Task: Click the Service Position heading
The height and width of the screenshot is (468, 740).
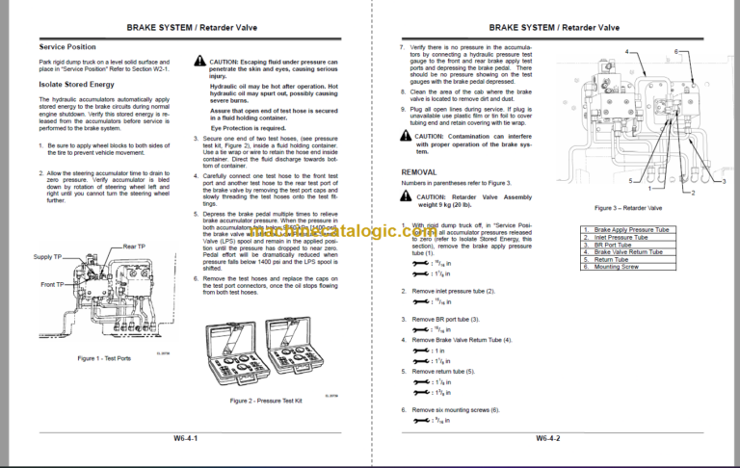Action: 66,46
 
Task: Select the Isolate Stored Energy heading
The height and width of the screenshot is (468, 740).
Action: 76,84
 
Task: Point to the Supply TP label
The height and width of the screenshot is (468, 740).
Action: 49,256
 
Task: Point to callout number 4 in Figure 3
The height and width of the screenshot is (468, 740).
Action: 627,49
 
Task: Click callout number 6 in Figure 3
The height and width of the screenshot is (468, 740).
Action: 676,49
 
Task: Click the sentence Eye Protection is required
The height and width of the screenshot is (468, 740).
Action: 247,127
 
